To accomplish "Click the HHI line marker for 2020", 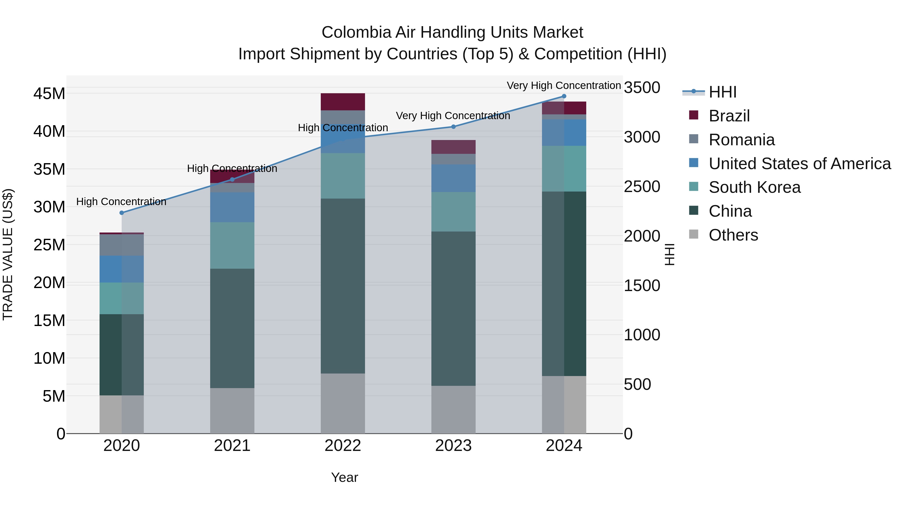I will (x=122, y=213).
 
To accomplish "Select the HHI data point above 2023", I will (x=453, y=127).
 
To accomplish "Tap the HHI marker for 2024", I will (x=564, y=96).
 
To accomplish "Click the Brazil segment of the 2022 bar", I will (x=343, y=102).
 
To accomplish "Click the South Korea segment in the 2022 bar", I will (x=343, y=176).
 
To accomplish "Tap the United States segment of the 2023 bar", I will (x=453, y=178).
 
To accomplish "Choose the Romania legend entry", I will (x=741, y=140).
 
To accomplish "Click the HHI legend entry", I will (x=722, y=92).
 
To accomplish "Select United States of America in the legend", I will (x=799, y=164).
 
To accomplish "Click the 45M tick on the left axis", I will (x=49, y=94).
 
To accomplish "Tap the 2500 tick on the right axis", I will (x=642, y=187).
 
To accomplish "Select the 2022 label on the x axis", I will (x=343, y=446).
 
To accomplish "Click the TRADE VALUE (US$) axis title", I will (x=8, y=254).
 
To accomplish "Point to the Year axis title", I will (x=344, y=477).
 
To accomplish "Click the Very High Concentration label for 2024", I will (x=564, y=85).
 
